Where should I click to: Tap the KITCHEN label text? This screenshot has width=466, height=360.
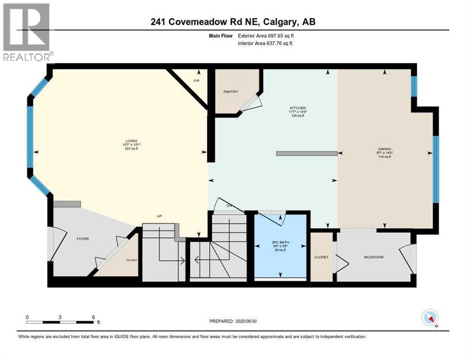click(x=297, y=108)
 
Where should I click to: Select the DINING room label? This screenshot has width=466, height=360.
click(x=384, y=149)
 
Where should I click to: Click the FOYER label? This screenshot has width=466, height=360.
click(x=83, y=239)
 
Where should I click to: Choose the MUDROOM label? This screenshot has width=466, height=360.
click(x=374, y=257)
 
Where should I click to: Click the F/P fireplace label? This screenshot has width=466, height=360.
click(x=197, y=81)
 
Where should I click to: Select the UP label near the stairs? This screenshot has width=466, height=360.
click(x=160, y=216)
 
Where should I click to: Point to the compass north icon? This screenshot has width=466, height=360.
click(x=430, y=317)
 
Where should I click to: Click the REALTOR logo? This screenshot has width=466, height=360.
click(x=27, y=32)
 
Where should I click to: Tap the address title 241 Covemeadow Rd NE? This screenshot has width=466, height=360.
click(x=233, y=22)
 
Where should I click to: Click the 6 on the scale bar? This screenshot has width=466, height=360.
click(x=93, y=317)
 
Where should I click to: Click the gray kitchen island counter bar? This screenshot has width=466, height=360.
click(x=307, y=153)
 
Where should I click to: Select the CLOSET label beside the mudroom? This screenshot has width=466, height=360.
click(x=322, y=257)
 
